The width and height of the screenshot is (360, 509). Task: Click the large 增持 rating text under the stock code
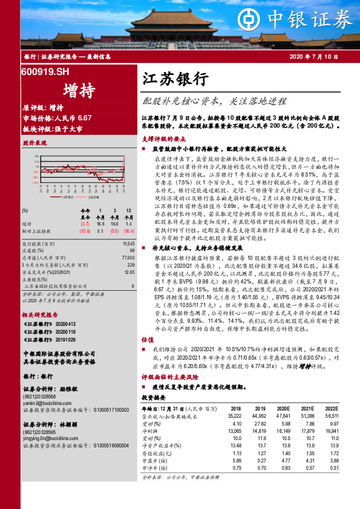coord(79,91)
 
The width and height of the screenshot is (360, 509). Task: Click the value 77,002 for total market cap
coord(127,257)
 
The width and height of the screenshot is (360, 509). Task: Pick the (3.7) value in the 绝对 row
coord(85,224)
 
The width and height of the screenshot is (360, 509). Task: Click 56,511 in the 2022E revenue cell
coord(332,416)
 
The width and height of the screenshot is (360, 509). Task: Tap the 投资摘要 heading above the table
coord(152,398)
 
